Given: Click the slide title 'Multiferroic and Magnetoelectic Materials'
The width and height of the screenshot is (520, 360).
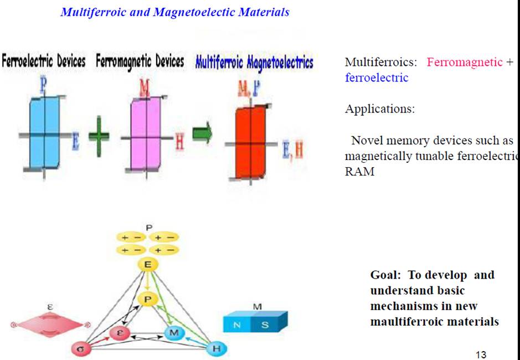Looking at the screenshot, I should click(174, 12).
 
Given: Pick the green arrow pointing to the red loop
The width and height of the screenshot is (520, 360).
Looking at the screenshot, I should click(202, 135).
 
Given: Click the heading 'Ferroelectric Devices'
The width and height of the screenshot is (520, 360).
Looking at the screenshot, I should click(44, 61).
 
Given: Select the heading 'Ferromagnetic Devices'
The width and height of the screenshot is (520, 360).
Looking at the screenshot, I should click(140, 61).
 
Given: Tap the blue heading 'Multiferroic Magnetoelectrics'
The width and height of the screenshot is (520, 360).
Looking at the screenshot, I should click(254, 62).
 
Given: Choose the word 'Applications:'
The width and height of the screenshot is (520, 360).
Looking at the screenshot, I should click(379, 109).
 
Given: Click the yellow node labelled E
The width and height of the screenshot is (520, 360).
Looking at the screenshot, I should click(148, 265).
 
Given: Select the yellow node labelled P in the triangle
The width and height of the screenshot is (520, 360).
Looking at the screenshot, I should click(147, 299).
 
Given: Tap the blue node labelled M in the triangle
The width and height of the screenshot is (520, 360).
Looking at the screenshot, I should click(174, 333).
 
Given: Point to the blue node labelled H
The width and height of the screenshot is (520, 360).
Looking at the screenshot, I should click(216, 349).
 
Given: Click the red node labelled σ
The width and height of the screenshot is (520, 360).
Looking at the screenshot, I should click(80, 349).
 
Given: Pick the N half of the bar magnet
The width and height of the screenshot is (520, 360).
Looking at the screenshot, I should click(238, 325).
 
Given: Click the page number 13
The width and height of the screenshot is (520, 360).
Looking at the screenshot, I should click(481, 355).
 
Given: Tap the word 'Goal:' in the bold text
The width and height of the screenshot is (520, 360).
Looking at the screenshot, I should click(388, 275).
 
